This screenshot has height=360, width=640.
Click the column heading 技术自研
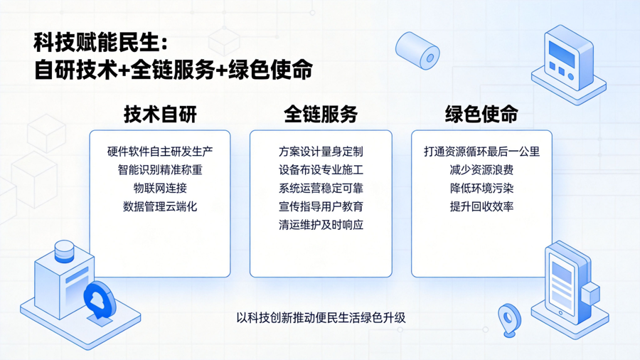click(160, 114)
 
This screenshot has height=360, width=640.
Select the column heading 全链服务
click(321, 114)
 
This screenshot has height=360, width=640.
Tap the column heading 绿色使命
click(481, 114)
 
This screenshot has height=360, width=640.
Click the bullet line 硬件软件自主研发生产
click(160, 152)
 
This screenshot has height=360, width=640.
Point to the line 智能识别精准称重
click(160, 170)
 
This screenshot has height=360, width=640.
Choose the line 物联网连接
click(160, 188)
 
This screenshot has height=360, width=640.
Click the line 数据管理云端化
click(160, 206)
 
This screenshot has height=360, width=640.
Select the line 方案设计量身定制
click(321, 152)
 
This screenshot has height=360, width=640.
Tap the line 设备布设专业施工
click(321, 170)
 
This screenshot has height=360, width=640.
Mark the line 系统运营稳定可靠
click(321, 188)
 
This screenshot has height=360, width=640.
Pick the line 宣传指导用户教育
click(321, 206)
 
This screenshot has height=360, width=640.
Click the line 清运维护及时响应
click(321, 225)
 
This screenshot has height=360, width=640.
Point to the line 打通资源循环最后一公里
click(481, 152)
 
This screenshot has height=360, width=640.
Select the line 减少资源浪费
click(481, 170)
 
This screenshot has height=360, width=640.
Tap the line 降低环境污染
click(481, 188)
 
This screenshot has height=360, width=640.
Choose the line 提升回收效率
click(481, 206)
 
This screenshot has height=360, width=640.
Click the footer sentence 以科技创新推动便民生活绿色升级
click(321, 317)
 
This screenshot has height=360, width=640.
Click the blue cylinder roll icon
click(417, 51)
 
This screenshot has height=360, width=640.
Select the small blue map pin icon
click(509, 320)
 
